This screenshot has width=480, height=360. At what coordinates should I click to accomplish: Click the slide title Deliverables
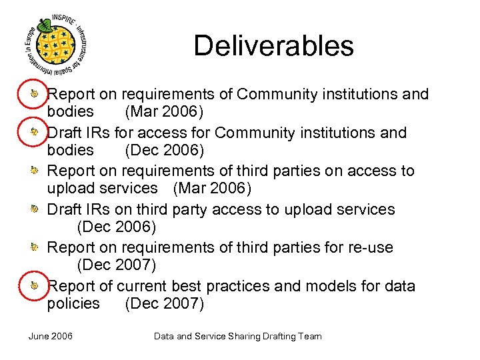coord(273,46)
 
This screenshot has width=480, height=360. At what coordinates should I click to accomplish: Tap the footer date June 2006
coord(51,336)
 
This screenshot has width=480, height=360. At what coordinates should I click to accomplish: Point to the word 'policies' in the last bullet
coord(73,303)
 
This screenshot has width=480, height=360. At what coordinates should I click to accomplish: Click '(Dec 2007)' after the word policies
coord(164,303)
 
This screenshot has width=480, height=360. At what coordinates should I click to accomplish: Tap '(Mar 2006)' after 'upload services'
coord(212,189)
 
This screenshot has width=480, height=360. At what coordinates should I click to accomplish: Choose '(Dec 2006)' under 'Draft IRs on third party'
coord(117,227)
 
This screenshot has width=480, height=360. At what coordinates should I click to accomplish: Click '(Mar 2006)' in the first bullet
coord(164,112)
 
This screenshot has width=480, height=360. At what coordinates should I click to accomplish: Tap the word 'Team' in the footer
coord(310,336)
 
